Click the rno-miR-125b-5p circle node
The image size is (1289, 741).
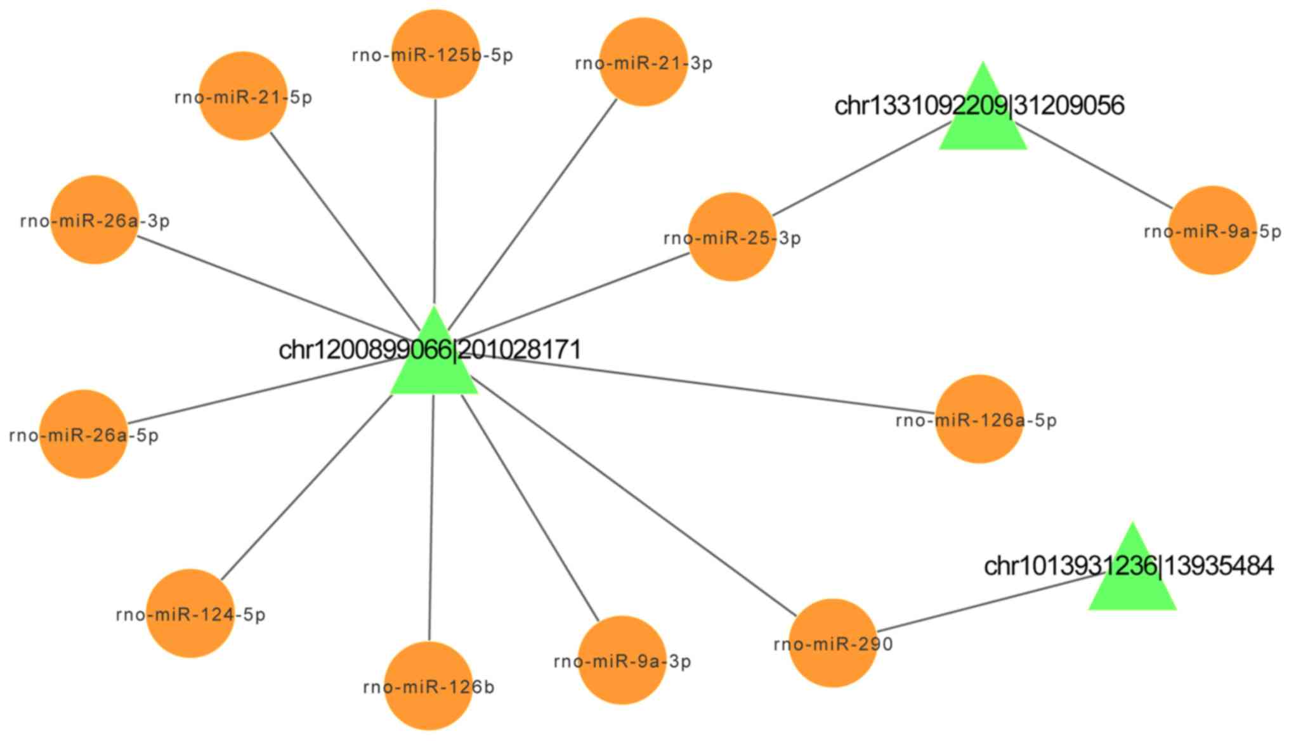point(435,54)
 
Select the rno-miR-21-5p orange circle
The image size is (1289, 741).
point(243,96)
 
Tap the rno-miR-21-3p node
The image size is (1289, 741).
point(643,62)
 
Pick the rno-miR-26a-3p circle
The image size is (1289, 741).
point(95,220)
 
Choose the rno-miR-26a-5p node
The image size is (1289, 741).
point(84,434)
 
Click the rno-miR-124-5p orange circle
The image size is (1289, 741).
point(190,613)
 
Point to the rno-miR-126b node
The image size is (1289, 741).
point(429,686)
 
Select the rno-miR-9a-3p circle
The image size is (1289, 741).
point(622,660)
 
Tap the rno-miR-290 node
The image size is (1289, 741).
point(833,643)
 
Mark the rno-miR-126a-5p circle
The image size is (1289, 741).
point(979,419)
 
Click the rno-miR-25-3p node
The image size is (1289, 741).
point(732,237)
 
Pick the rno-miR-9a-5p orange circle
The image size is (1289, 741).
point(1212,230)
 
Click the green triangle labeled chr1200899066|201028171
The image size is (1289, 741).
point(433,365)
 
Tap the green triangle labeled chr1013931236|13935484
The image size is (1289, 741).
point(1132,584)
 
